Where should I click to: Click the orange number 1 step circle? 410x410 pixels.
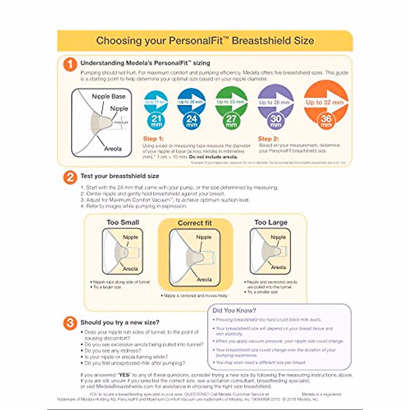[x=70, y=64]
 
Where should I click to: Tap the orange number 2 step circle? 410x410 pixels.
[x=70, y=177]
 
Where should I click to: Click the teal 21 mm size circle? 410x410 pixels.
[x=156, y=120]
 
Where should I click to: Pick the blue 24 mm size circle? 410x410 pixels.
[x=191, y=120]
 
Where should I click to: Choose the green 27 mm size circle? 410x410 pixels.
[x=231, y=120]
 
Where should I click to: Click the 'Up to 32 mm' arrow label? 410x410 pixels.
[x=324, y=102]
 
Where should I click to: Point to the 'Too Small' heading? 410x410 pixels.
[x=123, y=222]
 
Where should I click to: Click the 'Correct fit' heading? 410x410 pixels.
[x=195, y=223]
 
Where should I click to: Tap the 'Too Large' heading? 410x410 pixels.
[x=271, y=222]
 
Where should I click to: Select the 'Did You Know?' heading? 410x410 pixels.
[x=234, y=311]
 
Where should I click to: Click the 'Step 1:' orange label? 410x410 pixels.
[x=153, y=139]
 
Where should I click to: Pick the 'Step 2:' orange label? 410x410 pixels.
[x=268, y=139]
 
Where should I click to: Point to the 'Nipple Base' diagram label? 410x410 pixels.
[x=108, y=96]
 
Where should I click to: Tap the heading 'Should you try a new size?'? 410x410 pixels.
[x=120, y=323]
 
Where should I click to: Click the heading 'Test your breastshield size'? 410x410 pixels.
[x=120, y=176]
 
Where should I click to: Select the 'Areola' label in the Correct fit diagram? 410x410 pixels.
[x=204, y=279]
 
